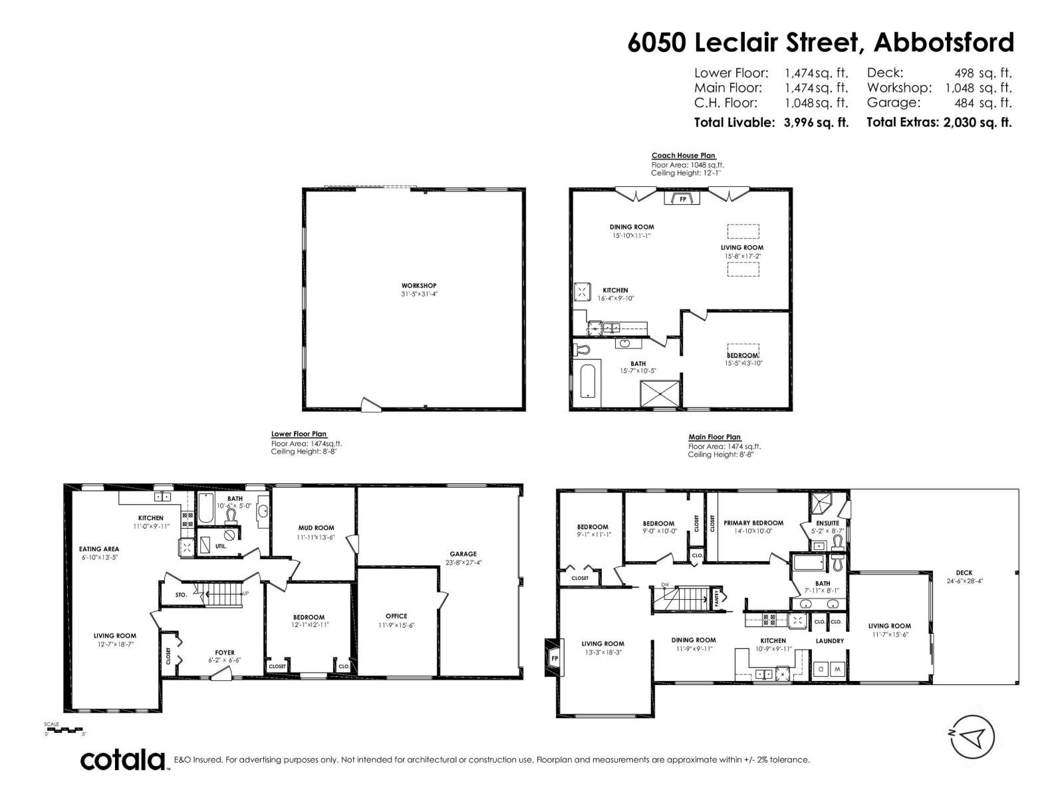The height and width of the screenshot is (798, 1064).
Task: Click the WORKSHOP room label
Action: pos(419,286)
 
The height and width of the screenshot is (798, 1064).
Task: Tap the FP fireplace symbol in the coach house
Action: pos(683,199)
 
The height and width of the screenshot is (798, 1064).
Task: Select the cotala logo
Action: pos(123,759)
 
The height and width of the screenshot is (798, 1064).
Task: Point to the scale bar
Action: pos(65,730)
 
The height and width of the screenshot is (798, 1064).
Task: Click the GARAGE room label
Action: pos(463,554)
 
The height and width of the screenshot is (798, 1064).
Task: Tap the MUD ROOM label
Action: pos(316,528)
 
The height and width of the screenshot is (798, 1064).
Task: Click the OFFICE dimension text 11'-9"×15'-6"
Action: pos(396,626)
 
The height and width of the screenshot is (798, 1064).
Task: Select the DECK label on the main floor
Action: pos(964,573)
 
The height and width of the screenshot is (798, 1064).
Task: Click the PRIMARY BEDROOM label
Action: pos(753,523)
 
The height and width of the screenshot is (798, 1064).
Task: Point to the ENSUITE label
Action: pos(828,523)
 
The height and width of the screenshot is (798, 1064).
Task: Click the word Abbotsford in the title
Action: pos(944,43)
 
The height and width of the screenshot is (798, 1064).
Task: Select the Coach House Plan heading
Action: pos(683,156)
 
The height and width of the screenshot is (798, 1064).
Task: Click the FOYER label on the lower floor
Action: pos(225,652)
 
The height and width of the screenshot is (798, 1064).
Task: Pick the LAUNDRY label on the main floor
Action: pos(829,641)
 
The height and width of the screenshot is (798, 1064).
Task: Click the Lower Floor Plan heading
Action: pos(299,434)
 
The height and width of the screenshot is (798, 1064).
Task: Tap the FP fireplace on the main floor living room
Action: pos(552,658)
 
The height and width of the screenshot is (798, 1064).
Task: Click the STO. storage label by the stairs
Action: pos(181,595)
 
